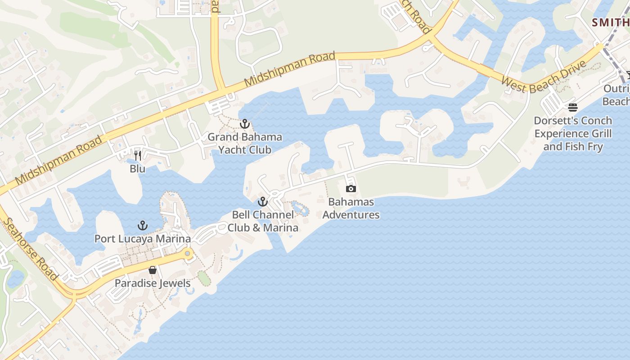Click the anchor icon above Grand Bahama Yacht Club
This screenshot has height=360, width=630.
coord(245,123)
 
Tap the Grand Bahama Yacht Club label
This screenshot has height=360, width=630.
coord(245,143)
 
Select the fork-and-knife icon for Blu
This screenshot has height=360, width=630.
coord(138,156)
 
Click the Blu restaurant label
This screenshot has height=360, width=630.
coord(138,169)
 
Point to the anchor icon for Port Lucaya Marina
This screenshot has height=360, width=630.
coord(143,225)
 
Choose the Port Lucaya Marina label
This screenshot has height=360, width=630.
coord(143,238)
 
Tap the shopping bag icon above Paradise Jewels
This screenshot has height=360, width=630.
coord(153,270)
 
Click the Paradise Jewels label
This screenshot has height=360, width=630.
coord(153,283)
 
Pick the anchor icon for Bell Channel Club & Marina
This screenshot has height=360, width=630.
coord(263,202)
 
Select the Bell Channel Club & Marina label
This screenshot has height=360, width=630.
coord(263,221)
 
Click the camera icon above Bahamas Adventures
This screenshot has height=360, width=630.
coord(351,189)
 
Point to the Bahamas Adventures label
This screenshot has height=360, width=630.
coord(351,208)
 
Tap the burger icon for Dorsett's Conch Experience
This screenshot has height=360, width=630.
coord(573,108)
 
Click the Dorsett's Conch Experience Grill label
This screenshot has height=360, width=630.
coord(573,134)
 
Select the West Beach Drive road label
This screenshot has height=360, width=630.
coord(544,77)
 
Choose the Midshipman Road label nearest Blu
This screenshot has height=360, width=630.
coord(58,161)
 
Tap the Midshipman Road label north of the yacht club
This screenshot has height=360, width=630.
coord(290,70)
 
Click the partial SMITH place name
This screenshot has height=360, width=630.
coord(610,22)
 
